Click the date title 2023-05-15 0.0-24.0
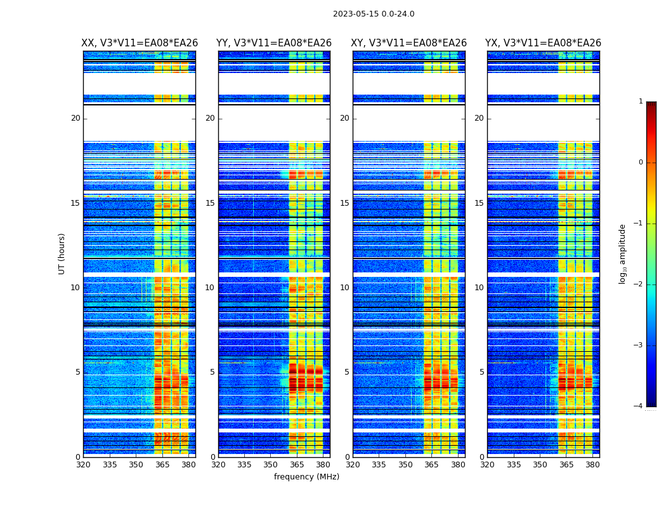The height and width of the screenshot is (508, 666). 374,14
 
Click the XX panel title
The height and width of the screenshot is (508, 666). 140,43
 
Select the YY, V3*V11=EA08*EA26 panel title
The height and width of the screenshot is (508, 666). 274,43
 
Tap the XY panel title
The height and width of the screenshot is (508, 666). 409,43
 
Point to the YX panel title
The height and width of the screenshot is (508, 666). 543,43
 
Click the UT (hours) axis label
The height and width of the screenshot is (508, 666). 62,253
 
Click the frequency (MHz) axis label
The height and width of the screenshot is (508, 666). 306,477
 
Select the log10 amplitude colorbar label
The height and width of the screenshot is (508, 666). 622,253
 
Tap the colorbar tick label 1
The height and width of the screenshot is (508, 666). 641,102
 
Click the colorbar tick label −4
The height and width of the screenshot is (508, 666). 639,406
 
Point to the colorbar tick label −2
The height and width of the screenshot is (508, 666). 639,284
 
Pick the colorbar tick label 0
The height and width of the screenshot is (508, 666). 641,163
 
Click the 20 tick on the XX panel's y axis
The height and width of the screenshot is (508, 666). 75,118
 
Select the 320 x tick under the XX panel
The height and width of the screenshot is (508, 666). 83,464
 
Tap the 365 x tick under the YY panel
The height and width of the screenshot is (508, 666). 297,464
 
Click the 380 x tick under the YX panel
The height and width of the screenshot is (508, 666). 592,464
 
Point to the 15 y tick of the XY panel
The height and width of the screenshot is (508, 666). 344,203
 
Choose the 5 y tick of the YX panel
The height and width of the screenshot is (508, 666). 481,372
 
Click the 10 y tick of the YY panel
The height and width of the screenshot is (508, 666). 210,288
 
